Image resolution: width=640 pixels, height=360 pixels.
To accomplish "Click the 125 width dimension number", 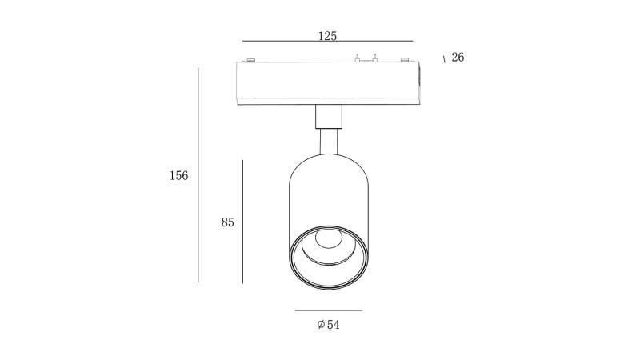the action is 327,36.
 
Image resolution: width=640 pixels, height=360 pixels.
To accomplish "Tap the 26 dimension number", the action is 458,57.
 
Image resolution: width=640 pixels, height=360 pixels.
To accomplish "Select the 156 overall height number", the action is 178,175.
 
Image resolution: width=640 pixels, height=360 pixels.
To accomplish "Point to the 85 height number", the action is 228,222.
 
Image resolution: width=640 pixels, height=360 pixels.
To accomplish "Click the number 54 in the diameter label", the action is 333,325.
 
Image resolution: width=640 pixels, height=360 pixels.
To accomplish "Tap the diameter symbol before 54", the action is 321,325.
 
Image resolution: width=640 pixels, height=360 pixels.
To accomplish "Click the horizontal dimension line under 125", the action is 328,42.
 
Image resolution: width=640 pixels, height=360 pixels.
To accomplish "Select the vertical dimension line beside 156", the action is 198,175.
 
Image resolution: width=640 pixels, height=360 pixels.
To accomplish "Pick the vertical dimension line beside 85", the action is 243,222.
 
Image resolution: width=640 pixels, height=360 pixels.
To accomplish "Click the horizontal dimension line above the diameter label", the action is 329,310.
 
